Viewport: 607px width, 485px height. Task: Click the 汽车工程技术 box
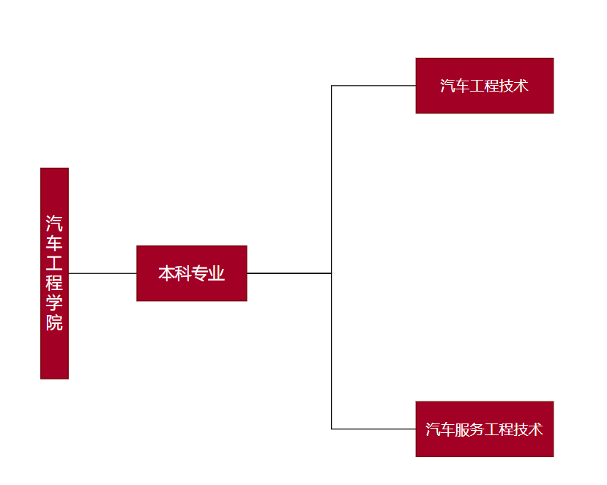click(x=484, y=86)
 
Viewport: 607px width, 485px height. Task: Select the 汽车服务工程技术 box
click(x=484, y=429)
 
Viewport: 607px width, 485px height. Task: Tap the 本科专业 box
click(x=191, y=273)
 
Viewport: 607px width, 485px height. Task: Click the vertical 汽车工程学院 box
click(x=54, y=273)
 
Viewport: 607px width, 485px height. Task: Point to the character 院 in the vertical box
click(x=54, y=323)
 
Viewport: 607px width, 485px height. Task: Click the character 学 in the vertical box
click(x=54, y=303)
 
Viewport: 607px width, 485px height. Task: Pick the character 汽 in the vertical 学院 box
click(x=54, y=222)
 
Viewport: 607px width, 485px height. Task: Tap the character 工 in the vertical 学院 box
click(x=54, y=262)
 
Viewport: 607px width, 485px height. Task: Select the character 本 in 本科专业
click(x=166, y=274)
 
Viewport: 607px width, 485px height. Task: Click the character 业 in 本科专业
click(x=217, y=274)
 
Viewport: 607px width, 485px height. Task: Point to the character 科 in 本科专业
click(x=183, y=274)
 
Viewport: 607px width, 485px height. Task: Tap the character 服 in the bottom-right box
click(x=462, y=429)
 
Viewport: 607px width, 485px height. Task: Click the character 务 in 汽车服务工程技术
click(x=477, y=429)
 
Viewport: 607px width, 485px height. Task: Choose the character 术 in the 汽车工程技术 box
click(x=521, y=86)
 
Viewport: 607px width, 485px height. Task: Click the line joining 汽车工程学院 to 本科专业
click(x=103, y=273)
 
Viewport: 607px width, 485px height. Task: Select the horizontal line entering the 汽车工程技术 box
click(x=373, y=86)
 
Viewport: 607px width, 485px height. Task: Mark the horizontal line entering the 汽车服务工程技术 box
click(x=373, y=429)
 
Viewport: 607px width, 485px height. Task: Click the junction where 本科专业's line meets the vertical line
click(x=332, y=273)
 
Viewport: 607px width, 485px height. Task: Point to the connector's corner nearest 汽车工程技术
click(x=332, y=86)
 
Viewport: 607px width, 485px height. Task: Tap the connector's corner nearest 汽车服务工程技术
click(x=332, y=429)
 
